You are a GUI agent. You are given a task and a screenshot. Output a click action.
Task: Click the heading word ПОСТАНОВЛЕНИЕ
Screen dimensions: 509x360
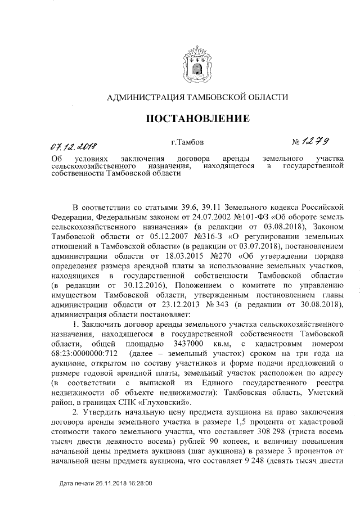(x=197, y=119)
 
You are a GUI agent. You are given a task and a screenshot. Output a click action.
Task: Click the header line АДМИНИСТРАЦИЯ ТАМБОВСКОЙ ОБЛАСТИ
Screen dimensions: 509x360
(x=197, y=97)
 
